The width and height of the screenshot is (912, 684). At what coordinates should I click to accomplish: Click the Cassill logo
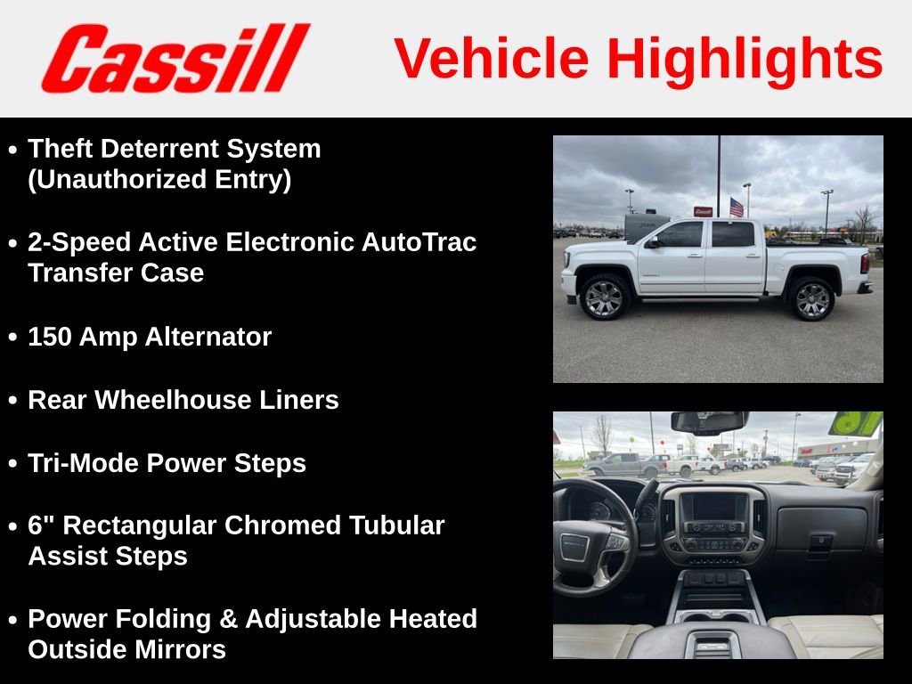point(175,59)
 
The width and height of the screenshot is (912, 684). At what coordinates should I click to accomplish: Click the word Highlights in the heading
point(745,59)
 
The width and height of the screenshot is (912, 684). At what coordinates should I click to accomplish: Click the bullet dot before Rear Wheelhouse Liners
point(12,402)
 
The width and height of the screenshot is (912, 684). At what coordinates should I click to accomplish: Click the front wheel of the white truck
point(605,297)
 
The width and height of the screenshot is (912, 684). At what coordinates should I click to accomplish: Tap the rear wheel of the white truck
point(811,299)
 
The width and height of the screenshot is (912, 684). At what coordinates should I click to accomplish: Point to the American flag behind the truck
point(737,208)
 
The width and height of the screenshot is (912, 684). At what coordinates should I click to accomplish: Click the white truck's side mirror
point(653,242)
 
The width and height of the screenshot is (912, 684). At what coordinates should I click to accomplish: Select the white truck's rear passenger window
point(733,234)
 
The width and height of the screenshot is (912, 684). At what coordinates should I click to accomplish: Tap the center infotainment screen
point(713,508)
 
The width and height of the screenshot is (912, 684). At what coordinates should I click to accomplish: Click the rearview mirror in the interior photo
point(709,422)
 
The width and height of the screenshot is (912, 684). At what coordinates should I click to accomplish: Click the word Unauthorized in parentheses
point(113,179)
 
